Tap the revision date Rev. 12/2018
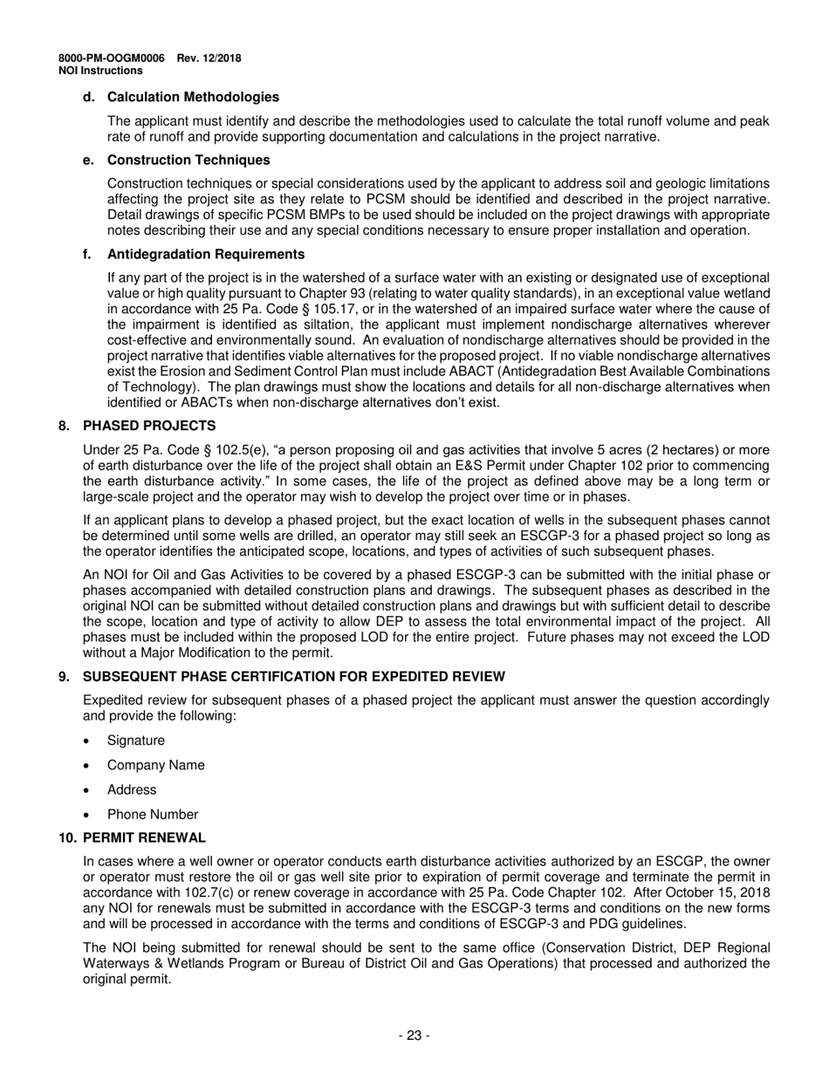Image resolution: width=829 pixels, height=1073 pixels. tap(209, 58)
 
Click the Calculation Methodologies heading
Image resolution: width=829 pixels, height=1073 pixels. tap(193, 97)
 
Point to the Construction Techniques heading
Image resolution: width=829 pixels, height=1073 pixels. tap(188, 160)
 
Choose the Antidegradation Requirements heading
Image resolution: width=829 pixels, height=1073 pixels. tap(206, 254)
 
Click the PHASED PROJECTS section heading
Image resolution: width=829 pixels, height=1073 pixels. tap(149, 426)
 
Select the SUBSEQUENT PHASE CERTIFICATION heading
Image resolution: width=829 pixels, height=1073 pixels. tap(293, 677)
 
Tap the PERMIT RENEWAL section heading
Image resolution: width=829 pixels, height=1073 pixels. tap(144, 837)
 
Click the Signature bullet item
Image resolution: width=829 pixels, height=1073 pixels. tap(135, 741)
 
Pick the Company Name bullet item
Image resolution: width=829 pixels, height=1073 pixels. tap(155, 765)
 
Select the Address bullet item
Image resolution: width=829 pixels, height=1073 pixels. tap(132, 789)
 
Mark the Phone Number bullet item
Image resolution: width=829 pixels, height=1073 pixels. tap(152, 815)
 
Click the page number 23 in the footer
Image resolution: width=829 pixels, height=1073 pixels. tap(414, 1035)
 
